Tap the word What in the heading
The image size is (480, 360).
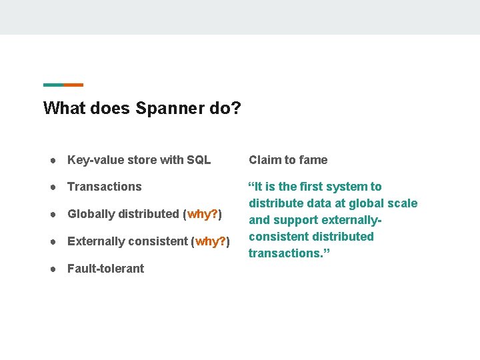click(61, 108)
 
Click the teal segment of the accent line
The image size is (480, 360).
click(53, 85)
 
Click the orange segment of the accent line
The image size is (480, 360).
click(73, 85)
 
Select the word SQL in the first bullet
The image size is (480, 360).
click(199, 160)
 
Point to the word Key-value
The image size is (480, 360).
click(93, 160)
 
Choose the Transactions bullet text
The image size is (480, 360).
click(105, 187)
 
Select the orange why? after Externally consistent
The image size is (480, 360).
click(210, 241)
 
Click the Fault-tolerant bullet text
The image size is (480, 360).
click(105, 269)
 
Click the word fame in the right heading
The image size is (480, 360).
click(313, 160)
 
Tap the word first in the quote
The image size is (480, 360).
click(312, 187)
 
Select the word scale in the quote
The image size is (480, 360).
click(403, 203)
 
